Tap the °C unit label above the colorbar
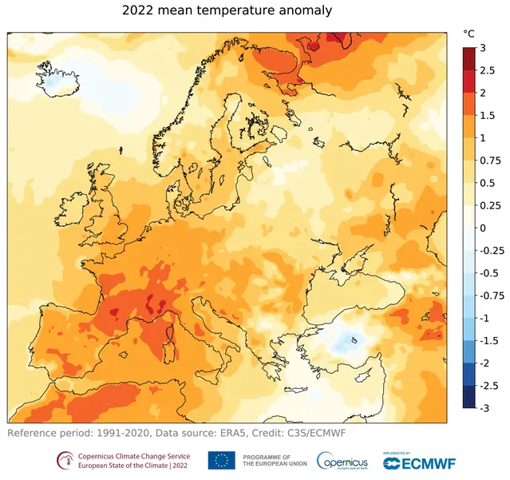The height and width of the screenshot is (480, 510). pyautogui.click(x=469, y=34)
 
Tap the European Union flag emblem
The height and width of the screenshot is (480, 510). pyautogui.click(x=221, y=460)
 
